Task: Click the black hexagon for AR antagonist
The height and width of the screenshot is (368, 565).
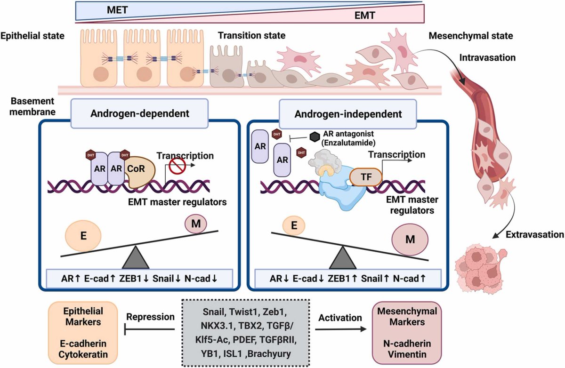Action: pyautogui.click(x=314, y=136)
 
